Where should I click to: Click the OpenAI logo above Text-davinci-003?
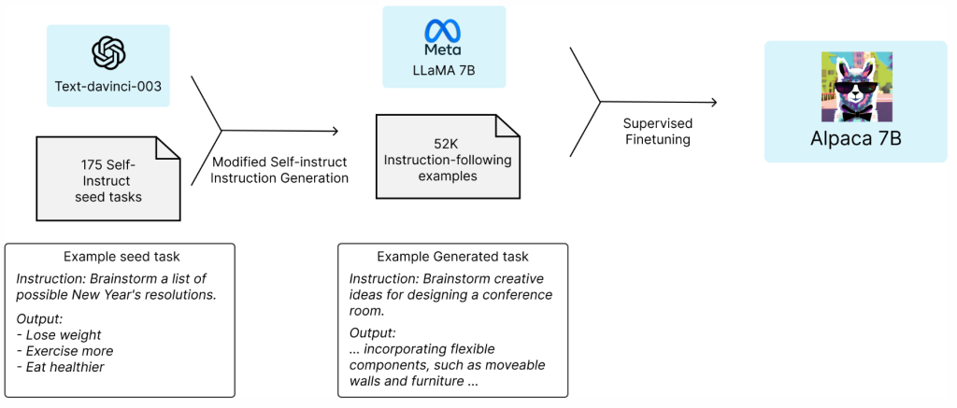(108, 52)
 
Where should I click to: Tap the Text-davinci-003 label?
(108, 87)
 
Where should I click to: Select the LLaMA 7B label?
(443, 68)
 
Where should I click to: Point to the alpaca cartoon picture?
(854, 86)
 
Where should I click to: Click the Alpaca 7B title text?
(855, 141)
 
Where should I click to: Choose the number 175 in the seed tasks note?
(93, 163)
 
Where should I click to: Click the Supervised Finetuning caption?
(658, 131)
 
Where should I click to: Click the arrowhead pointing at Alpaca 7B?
(713, 104)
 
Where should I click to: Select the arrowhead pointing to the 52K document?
(334, 132)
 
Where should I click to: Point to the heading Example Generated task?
(452, 256)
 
